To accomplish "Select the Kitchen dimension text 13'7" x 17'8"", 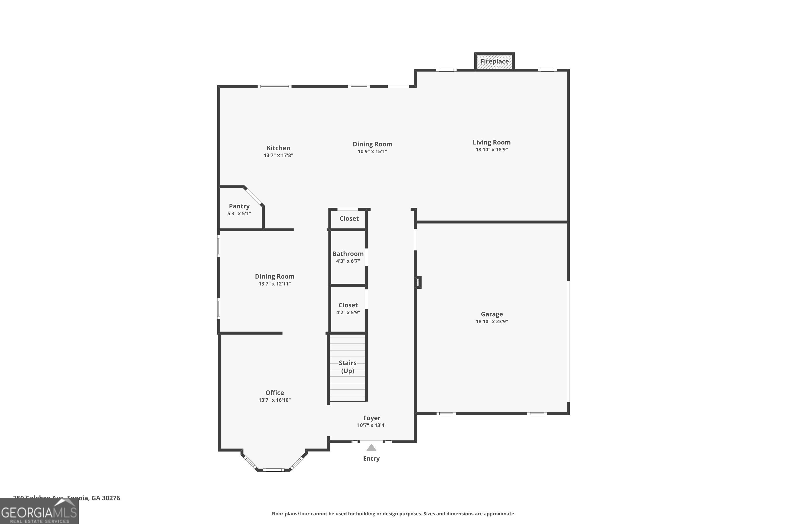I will tap(278, 155).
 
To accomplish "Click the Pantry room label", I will tap(239, 206).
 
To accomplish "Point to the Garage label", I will tap(492, 314).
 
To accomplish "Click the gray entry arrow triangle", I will tap(371, 448).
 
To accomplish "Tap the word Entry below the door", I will tap(371, 458).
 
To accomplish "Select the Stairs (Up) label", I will tap(347, 367).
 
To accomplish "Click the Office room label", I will tap(274, 393).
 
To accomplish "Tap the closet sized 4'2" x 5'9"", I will tap(348, 308).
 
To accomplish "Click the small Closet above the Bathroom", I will tap(349, 219).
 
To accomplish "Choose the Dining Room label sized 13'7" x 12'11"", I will tap(274, 276).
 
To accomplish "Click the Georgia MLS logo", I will tap(39, 512).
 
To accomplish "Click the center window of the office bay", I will tap(273, 470).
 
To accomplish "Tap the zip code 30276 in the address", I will tap(111, 498).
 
